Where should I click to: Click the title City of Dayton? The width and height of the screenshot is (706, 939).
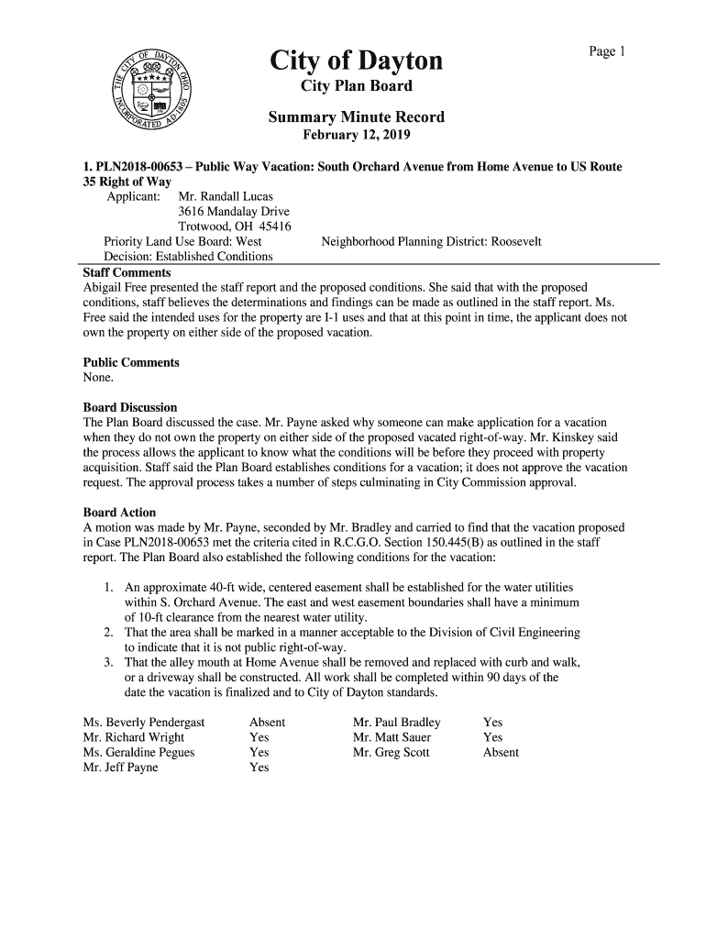356,61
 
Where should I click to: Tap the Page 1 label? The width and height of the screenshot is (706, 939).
606,52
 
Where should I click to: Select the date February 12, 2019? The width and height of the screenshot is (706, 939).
357,136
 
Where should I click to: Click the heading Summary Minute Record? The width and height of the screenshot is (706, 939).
356,117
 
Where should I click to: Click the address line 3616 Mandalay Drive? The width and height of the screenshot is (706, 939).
234,212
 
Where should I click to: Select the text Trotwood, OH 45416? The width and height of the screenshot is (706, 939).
234,226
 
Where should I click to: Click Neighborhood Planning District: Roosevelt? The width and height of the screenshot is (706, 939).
431,241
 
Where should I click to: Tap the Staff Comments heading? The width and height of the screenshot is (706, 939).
127,273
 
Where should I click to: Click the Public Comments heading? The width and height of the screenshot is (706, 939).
131,362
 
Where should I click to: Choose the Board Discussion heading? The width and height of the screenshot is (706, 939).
130,407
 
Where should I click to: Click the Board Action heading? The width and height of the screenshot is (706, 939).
119,512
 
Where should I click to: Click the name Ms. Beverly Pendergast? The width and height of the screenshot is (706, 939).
144,723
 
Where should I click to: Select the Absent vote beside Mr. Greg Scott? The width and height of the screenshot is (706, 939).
501,753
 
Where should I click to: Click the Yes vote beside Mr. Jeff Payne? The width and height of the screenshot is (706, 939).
259,768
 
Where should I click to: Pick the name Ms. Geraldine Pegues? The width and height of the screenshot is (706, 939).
138,753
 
